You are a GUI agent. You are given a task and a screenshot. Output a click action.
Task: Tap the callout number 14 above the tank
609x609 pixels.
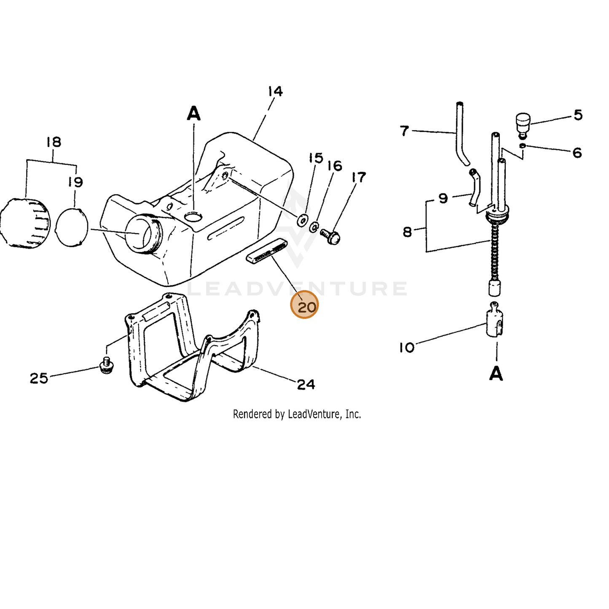pos(275,91)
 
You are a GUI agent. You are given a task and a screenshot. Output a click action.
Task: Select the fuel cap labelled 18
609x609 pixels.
pos(25,223)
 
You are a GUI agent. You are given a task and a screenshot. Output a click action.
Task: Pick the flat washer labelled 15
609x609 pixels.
pos(303,220)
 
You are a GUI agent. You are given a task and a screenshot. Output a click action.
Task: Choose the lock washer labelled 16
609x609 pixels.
pos(314,226)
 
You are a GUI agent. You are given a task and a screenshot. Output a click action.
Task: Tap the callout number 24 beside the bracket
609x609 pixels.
pos(306,384)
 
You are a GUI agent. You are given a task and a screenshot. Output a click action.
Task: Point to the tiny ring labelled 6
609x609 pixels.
pos(523,145)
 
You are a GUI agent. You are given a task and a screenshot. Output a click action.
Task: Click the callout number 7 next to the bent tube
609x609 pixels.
pos(405,131)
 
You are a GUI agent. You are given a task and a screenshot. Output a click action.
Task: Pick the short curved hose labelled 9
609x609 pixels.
pos(473,188)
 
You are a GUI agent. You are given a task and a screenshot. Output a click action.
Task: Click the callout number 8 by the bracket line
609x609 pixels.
pos(408,232)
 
